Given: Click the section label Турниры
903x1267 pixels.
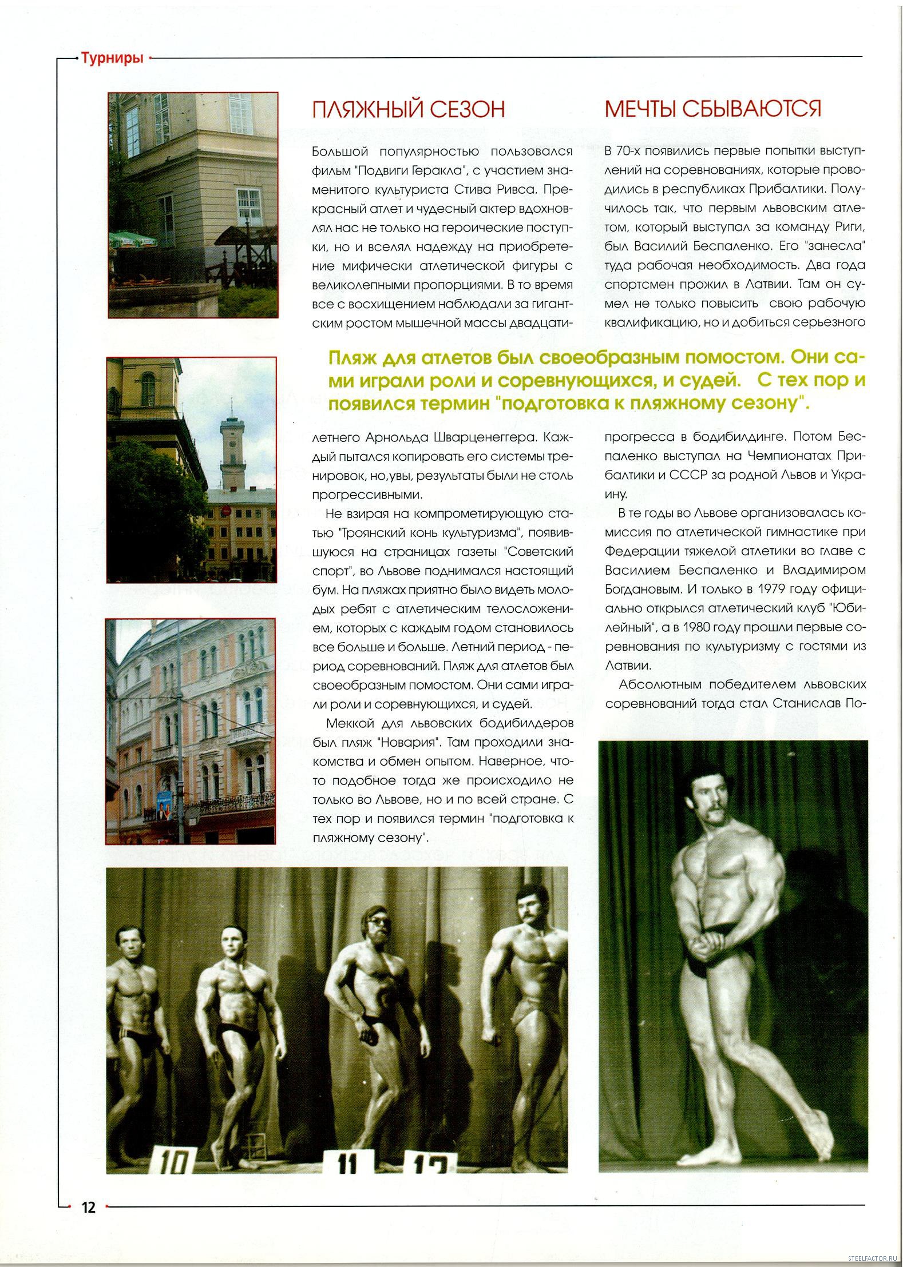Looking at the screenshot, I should tap(112, 58).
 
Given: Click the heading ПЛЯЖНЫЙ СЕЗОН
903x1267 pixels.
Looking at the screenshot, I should tap(408, 109).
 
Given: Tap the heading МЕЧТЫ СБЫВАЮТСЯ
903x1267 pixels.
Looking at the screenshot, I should tap(712, 109).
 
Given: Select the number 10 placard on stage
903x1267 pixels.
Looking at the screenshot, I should tap(172, 1161).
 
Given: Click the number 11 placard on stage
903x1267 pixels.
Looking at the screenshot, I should tap(347, 1164).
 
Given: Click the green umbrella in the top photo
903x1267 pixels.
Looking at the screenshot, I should tap(133, 238).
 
